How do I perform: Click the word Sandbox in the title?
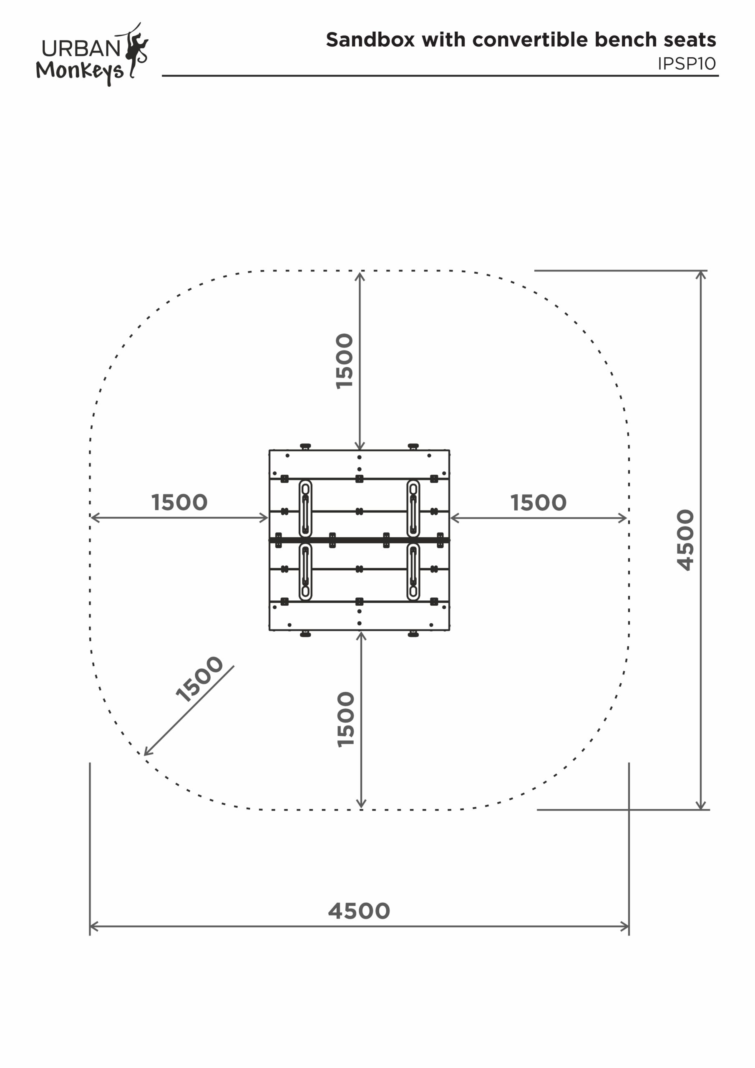tap(370, 40)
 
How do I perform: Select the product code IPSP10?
tap(686, 64)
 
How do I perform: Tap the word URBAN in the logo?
tap(81, 48)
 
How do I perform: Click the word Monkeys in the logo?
tap(80, 71)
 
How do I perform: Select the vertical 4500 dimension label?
tap(685, 539)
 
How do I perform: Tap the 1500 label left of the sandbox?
tap(179, 502)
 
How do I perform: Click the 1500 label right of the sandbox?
tap(538, 503)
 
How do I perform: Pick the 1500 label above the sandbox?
tap(345, 361)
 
